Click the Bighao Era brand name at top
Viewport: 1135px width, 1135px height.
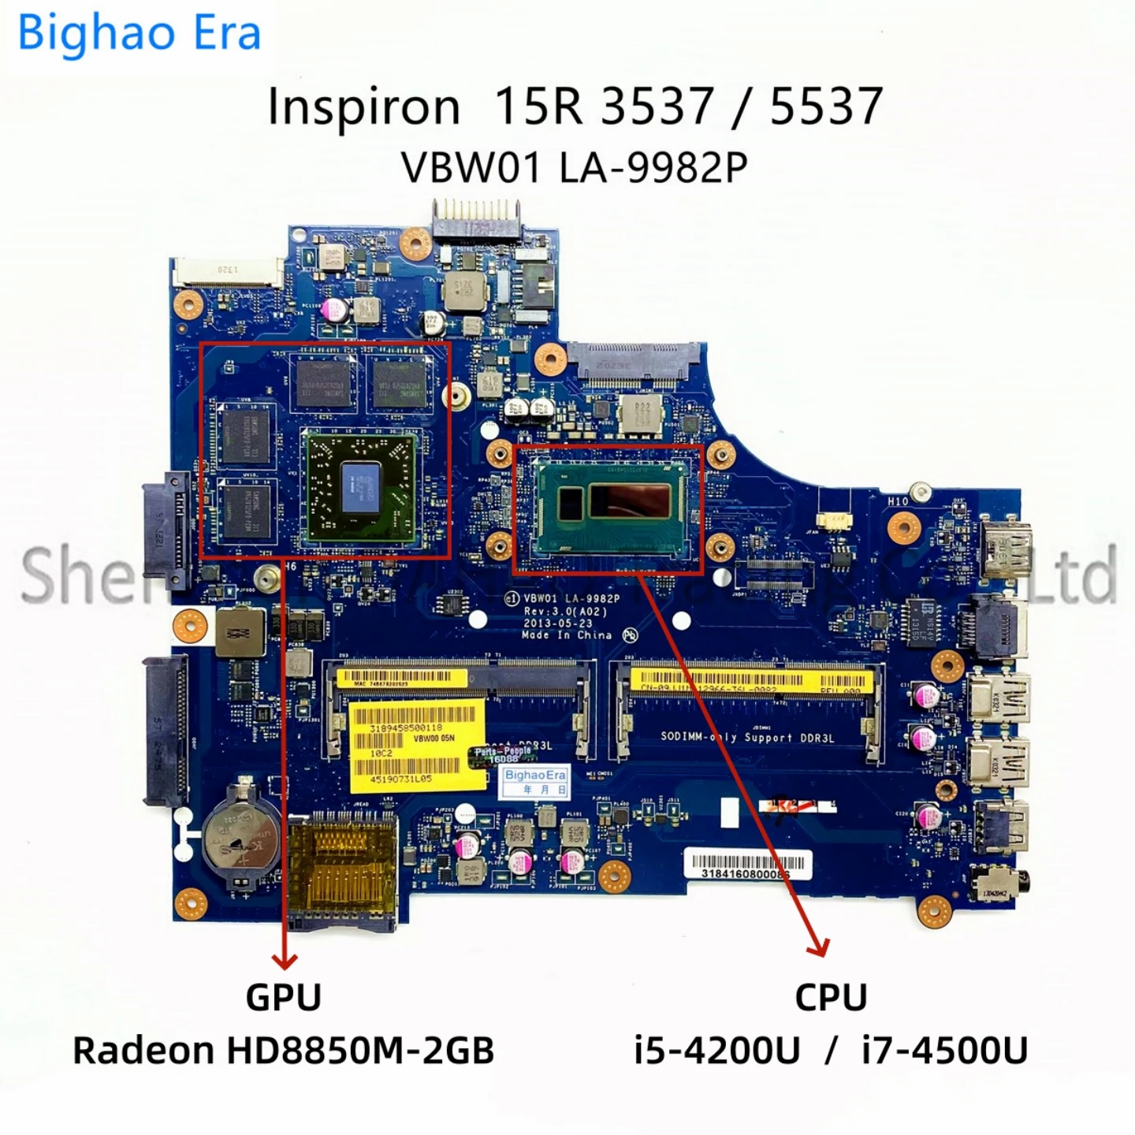[x=139, y=34]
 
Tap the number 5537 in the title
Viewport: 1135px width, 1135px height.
[x=825, y=106]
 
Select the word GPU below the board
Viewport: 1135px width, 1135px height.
[x=284, y=997]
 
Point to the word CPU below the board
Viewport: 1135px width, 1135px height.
[x=831, y=998]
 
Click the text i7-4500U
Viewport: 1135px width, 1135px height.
[x=944, y=1050]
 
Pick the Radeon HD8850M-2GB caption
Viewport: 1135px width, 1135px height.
[x=284, y=1050]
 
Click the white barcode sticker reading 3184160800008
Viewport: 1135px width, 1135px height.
[x=745, y=865]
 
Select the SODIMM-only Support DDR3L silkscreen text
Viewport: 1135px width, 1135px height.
[x=746, y=738]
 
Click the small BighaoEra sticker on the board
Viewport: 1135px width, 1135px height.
[x=535, y=781]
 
